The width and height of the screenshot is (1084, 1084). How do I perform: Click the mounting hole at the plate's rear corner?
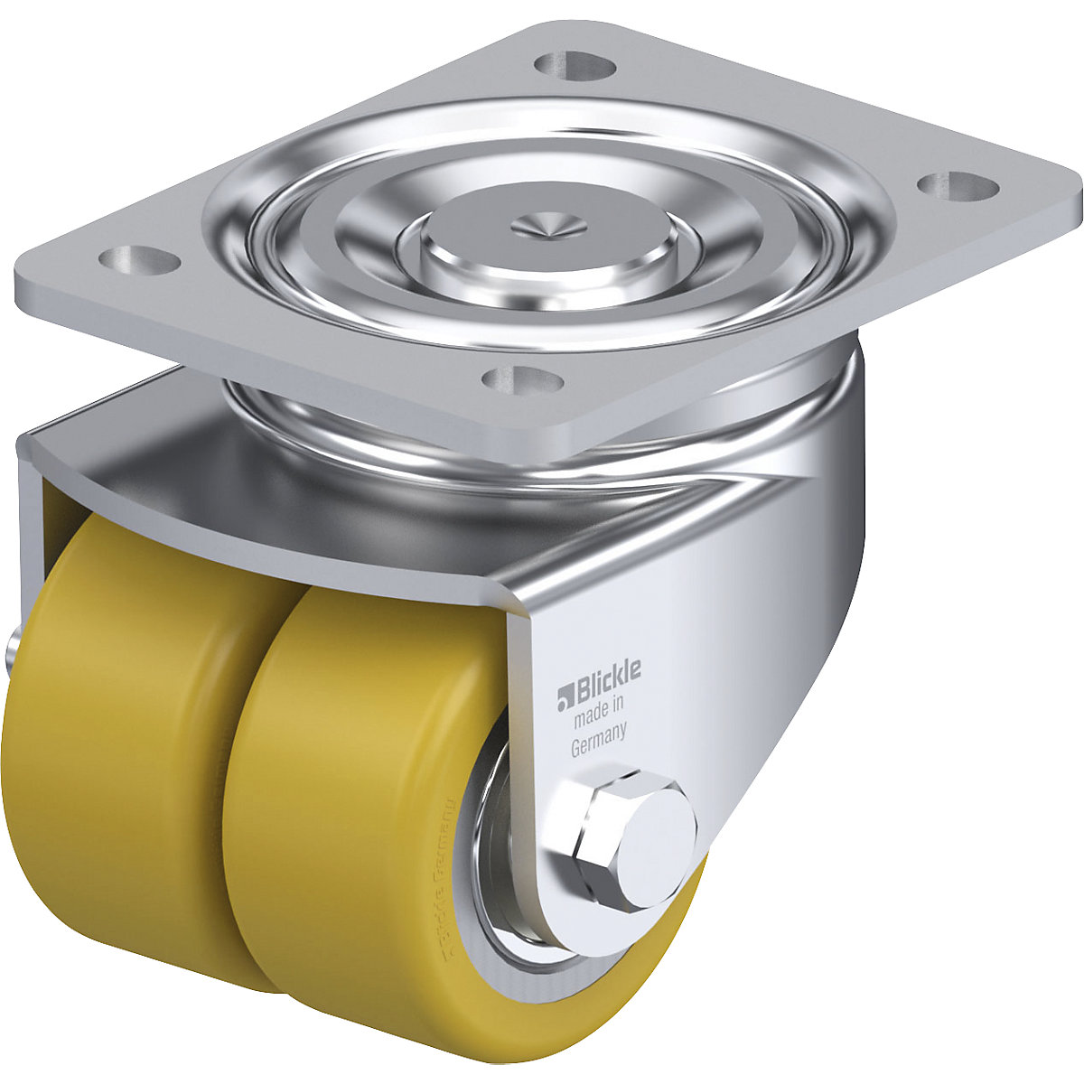pyautogui.click(x=572, y=64)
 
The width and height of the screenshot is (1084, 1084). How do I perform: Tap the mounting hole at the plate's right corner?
pyautogui.click(x=958, y=185)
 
